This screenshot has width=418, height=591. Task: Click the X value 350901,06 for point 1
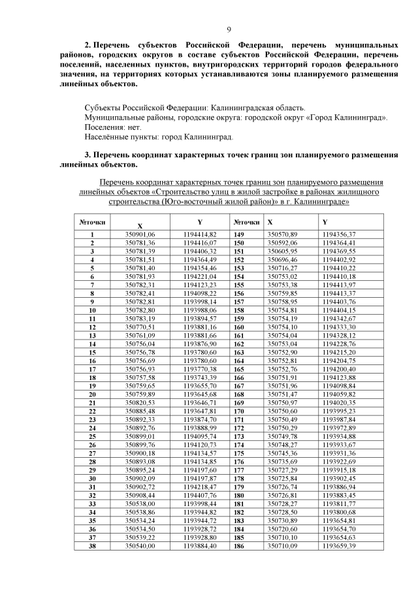tap(140, 234)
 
